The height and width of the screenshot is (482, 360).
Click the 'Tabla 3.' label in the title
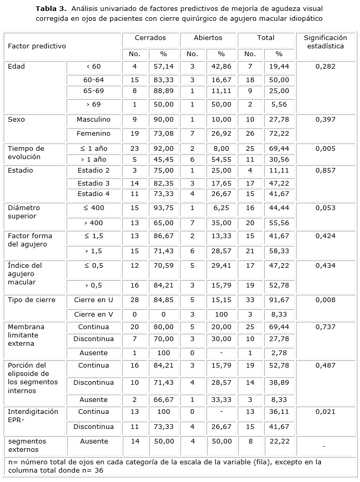(x=50, y=9)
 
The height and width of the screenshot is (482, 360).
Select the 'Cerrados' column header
(x=150, y=38)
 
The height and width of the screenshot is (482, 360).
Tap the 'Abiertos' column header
(x=208, y=38)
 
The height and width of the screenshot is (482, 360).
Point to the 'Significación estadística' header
(x=325, y=42)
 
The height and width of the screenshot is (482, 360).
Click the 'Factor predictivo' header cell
(x=37, y=46)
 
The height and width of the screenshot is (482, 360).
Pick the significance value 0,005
(x=326, y=148)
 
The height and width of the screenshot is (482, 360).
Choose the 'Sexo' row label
(x=17, y=120)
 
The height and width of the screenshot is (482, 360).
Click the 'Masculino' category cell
(x=94, y=120)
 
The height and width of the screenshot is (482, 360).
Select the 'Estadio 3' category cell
(x=94, y=183)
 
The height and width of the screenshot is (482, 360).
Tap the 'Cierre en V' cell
(x=94, y=314)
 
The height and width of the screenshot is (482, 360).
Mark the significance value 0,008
(x=326, y=300)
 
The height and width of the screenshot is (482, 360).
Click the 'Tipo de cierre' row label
(x=31, y=300)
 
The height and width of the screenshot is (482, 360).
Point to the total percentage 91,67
(x=279, y=300)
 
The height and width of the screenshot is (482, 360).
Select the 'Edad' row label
(x=17, y=67)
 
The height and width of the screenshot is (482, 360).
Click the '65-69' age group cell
(x=94, y=91)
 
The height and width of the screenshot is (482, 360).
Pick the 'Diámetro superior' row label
(x=24, y=212)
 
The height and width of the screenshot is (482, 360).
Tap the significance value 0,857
(x=326, y=171)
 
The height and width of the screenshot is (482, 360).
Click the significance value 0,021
(x=326, y=412)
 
